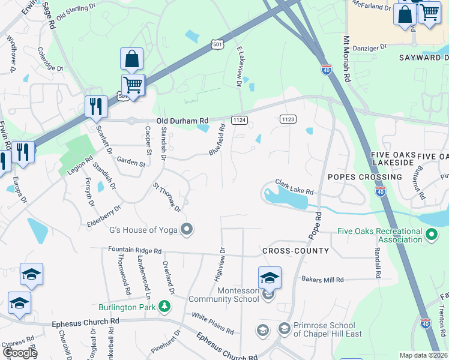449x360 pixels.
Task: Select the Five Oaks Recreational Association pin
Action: click(431, 235)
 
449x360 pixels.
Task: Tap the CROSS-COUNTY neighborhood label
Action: click(295, 250)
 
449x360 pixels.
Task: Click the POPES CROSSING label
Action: click(365, 178)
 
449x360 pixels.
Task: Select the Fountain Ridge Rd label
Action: click(135, 250)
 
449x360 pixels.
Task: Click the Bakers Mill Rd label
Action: click(322, 280)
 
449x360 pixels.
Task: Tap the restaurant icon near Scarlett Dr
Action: click(95, 107)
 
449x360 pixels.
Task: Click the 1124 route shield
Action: click(239, 120)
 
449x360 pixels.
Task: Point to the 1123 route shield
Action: click(288, 119)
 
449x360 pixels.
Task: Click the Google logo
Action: click(19, 353)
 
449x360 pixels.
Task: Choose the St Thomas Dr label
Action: click(167, 197)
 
